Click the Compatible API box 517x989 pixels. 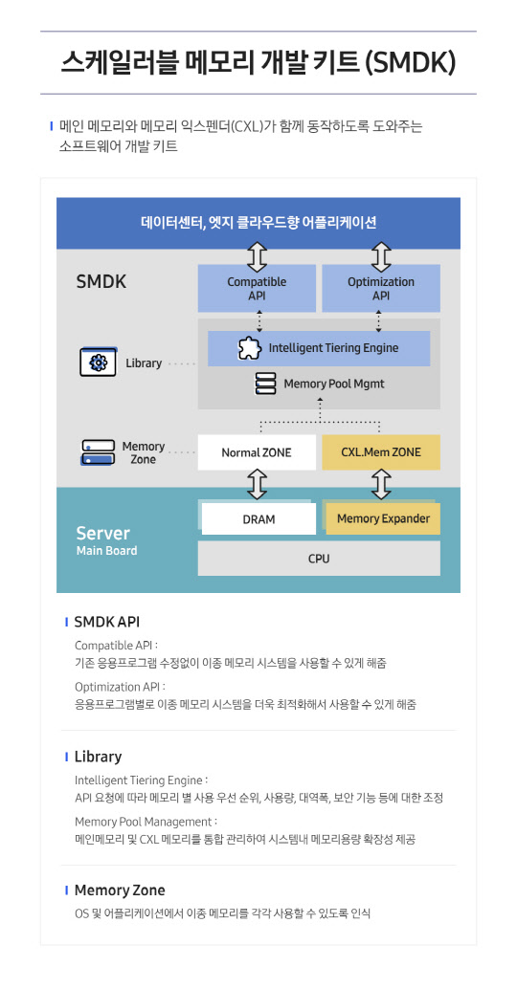pyautogui.click(x=257, y=288)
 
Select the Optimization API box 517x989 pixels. pyautogui.click(x=380, y=288)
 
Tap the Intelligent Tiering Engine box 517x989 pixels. pyautogui.click(x=319, y=348)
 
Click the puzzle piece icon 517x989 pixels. pyautogui.click(x=250, y=348)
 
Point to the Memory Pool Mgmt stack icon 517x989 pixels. pyautogui.click(x=265, y=384)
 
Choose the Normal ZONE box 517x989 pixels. pyautogui.click(x=257, y=452)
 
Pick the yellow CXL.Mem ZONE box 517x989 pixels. pyautogui.click(x=380, y=452)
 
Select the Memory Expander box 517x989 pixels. pyautogui.click(x=382, y=518)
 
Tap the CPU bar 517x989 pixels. pyautogui.click(x=319, y=559)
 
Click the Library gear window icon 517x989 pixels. pyautogui.click(x=98, y=363)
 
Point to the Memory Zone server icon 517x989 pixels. pyautogui.click(x=98, y=452)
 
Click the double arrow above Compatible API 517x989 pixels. pyautogui.click(x=257, y=256)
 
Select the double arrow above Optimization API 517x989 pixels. pyautogui.click(x=381, y=256)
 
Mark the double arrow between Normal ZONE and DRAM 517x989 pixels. pyautogui.click(x=257, y=485)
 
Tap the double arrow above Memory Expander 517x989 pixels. pyautogui.click(x=381, y=485)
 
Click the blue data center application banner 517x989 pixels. pyautogui.click(x=258, y=222)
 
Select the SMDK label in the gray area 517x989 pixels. pyautogui.click(x=101, y=282)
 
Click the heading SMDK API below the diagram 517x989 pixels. pyautogui.click(x=107, y=622)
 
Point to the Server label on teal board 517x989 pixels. pyautogui.click(x=103, y=533)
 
